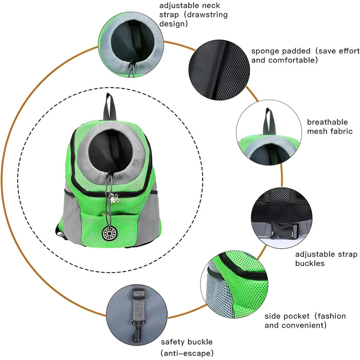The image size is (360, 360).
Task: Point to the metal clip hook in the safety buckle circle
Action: point(138,329)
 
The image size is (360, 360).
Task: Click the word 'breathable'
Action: point(327,122)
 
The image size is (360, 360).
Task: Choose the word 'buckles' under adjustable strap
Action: point(310,263)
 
